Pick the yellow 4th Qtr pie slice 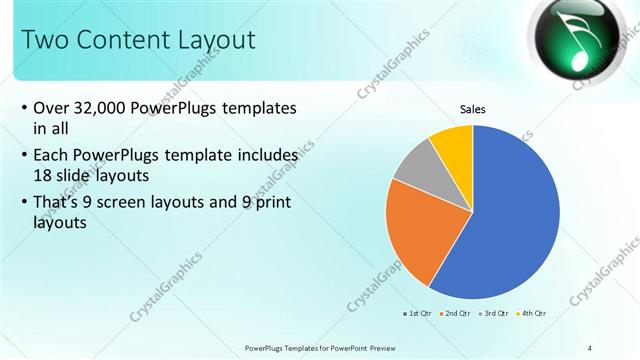(455, 145)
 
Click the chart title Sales (473, 111)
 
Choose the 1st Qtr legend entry (416, 313)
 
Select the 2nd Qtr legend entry (455, 313)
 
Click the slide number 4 (590, 347)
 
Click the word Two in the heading (42, 40)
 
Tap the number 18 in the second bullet (43, 174)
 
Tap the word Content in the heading (120, 40)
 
